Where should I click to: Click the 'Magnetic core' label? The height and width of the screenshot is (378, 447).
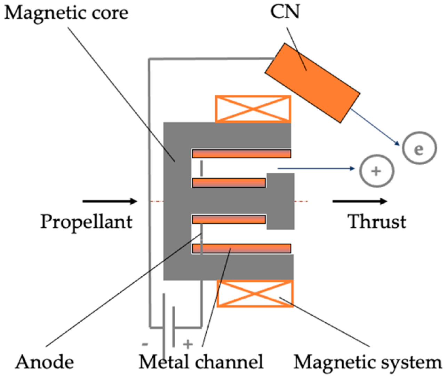[x=66, y=13]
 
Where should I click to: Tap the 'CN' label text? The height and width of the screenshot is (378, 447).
[x=285, y=11]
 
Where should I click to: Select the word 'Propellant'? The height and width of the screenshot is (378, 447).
[x=86, y=222]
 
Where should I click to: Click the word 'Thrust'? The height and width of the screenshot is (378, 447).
[x=377, y=222]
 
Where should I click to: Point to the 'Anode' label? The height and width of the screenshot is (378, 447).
[x=45, y=362]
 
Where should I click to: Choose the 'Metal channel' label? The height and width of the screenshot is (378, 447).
[x=201, y=362]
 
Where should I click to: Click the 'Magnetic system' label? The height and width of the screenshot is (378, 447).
[x=368, y=362]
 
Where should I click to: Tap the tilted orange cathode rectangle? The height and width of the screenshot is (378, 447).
[x=312, y=83]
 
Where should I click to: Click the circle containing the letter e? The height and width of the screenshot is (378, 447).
[x=419, y=148]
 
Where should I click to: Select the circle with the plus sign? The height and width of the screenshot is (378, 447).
[x=376, y=171]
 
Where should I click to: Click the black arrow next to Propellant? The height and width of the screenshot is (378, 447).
[x=110, y=201]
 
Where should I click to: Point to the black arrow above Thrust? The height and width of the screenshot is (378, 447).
[x=360, y=201]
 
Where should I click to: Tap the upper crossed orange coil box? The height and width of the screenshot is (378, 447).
[x=253, y=109]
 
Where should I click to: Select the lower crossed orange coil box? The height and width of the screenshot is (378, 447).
[x=255, y=294]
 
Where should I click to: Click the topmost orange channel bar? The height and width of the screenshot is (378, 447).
[x=241, y=153]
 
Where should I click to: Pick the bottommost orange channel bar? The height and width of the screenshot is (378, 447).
[x=241, y=249]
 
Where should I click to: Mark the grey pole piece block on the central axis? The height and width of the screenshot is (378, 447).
[x=280, y=201]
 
